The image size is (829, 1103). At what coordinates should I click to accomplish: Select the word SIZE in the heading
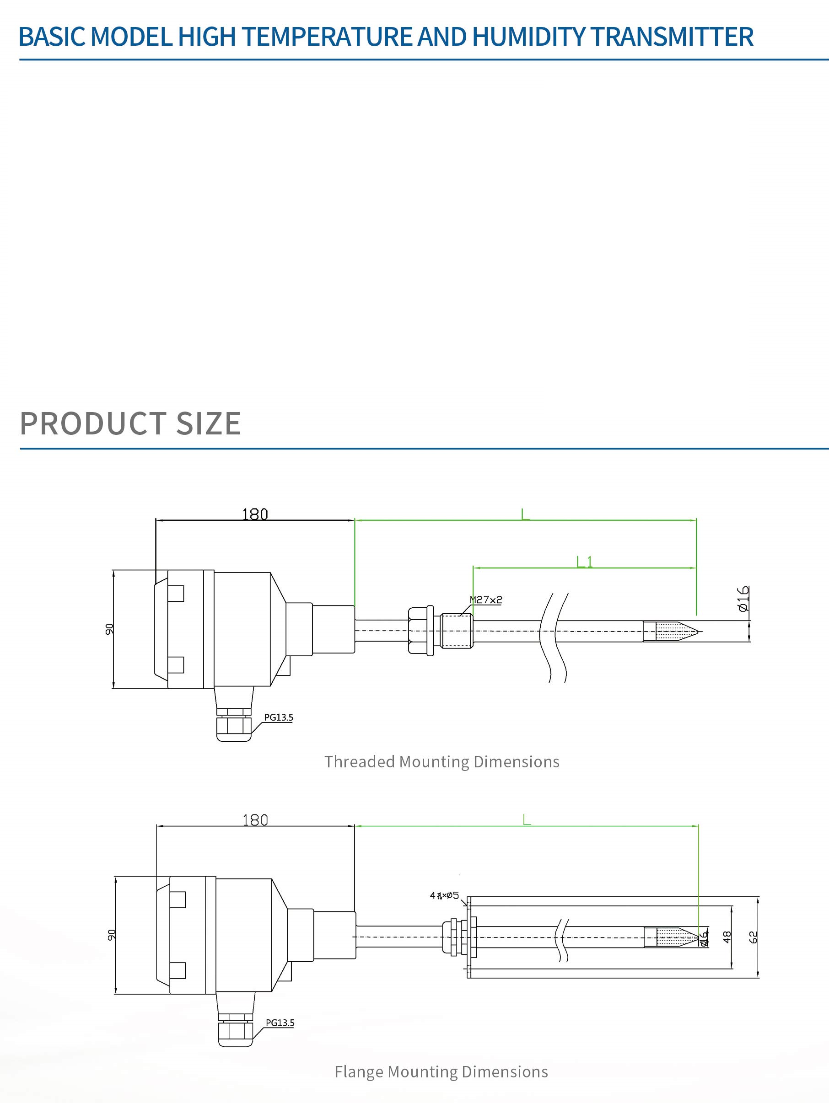coord(209,423)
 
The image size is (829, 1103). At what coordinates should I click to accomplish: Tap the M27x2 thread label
coord(486,600)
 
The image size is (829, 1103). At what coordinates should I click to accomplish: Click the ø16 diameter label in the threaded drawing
coord(743,598)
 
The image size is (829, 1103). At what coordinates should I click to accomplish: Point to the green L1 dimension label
coord(584,562)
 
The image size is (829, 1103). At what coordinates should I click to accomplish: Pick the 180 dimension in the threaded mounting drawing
coord(255,514)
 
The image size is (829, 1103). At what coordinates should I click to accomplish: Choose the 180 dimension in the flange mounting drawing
coord(255,820)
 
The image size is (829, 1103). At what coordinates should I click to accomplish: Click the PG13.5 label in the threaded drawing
coord(278,717)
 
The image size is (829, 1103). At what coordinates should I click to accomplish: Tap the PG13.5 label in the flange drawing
coord(280,1023)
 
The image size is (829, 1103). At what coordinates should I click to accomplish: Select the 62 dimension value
coord(753,937)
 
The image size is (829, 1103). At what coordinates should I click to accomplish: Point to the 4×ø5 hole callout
coord(444,895)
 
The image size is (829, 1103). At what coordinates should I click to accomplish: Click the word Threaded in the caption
coord(359,762)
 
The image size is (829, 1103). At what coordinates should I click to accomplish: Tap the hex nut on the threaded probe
coord(421,630)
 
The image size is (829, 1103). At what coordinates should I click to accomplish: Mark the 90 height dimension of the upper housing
coord(109,629)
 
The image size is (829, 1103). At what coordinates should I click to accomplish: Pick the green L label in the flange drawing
coord(527,819)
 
